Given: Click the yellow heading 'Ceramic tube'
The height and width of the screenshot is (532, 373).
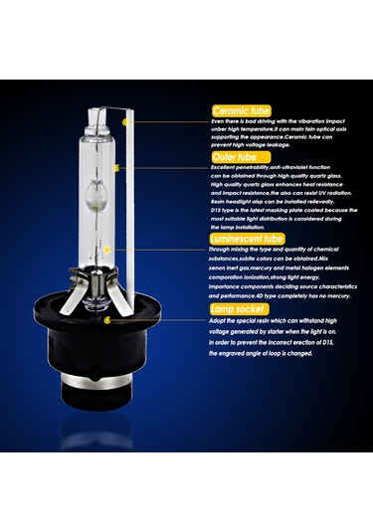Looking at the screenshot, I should [x=243, y=110].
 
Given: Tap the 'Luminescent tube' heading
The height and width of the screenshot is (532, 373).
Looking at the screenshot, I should [x=248, y=239].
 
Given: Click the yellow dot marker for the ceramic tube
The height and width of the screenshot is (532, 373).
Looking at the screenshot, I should [x=125, y=121].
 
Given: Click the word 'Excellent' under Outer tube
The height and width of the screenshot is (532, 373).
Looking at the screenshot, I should [x=227, y=168].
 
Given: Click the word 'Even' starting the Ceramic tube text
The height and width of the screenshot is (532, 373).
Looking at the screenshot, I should [x=219, y=121].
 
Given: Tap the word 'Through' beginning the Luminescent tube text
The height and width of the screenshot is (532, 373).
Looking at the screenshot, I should [x=225, y=251].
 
